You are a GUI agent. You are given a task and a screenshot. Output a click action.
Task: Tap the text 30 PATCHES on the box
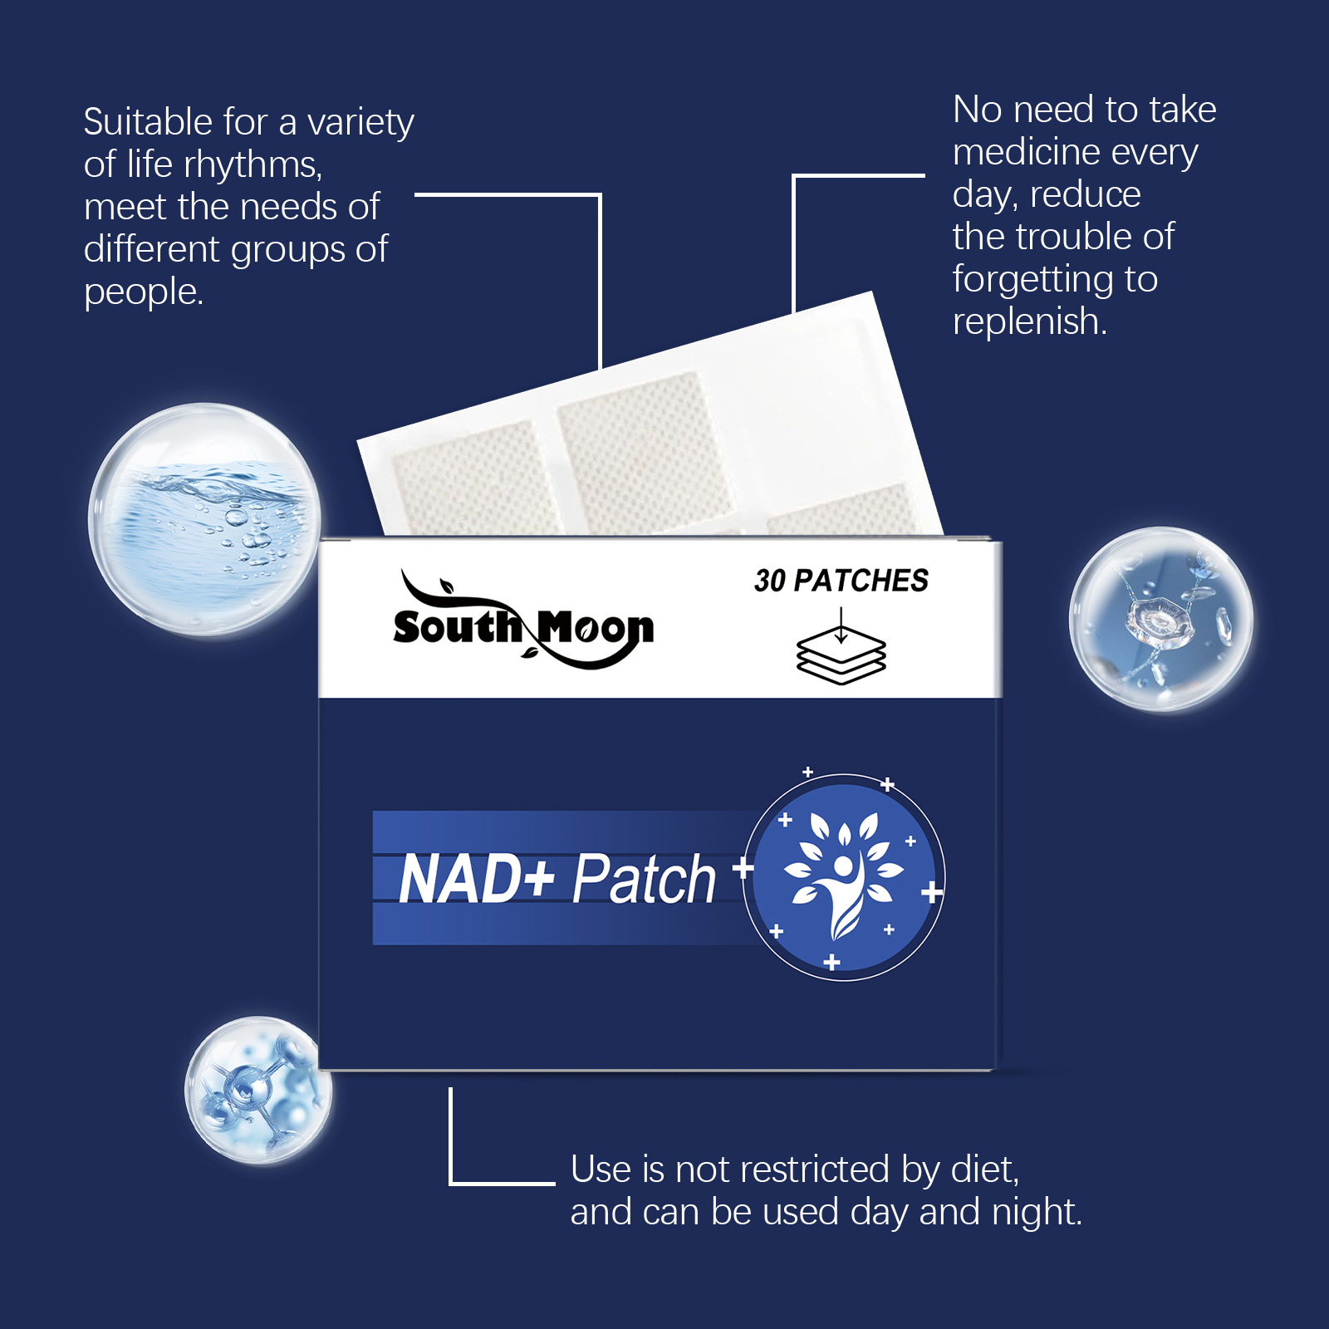pyautogui.click(x=841, y=581)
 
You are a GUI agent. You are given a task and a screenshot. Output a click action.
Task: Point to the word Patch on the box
pyautogui.click(x=644, y=879)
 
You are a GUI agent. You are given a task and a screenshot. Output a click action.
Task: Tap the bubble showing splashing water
pyautogui.click(x=204, y=519)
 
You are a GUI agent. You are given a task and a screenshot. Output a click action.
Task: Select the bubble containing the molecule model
pyautogui.click(x=258, y=1089)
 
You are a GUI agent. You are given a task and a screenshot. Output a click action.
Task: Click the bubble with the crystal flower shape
pyautogui.click(x=1160, y=620)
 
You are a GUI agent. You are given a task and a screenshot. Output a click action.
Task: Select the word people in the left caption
pyautogui.click(x=143, y=292)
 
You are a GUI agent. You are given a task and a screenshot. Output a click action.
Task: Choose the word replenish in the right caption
pyautogui.click(x=1029, y=321)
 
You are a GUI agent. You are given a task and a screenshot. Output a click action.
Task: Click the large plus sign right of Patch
pyautogui.click(x=743, y=869)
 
